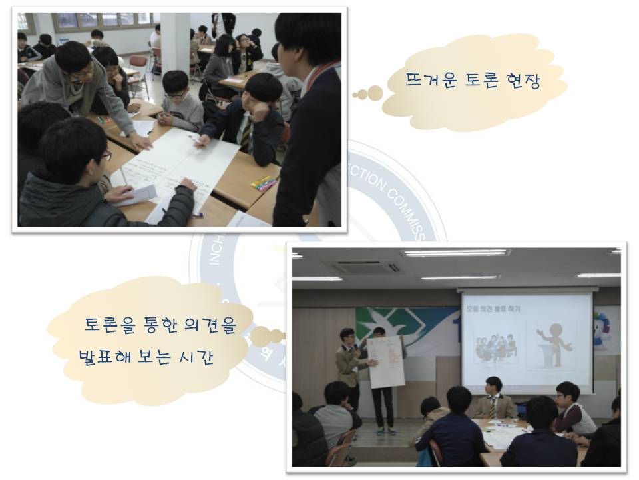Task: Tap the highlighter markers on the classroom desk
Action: click(x=264, y=183)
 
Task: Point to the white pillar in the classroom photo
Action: click(x=174, y=40)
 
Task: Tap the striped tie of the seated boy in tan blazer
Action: click(x=493, y=406)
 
